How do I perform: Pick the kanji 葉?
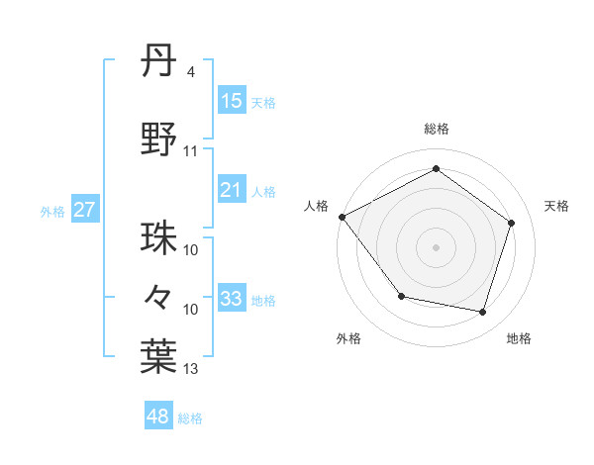pyautogui.click(x=159, y=357)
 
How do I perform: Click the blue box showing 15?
pyautogui.click(x=231, y=101)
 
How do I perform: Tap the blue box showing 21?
pyautogui.click(x=231, y=190)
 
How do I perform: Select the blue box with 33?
pyautogui.click(x=231, y=299)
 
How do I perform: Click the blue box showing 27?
pyautogui.click(x=85, y=210)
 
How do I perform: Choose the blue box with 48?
pyautogui.click(x=158, y=417)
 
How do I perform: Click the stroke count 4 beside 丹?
pyautogui.click(x=190, y=72)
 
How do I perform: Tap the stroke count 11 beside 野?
pyautogui.click(x=191, y=151)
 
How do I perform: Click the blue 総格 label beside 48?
pyautogui.click(x=190, y=418)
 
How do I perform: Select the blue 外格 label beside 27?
pyautogui.click(x=52, y=211)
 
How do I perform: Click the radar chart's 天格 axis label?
pyautogui.click(x=556, y=206)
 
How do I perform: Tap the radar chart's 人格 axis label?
pyautogui.click(x=317, y=206)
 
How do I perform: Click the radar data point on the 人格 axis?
pyautogui.click(x=342, y=217)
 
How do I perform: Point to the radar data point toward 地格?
pyautogui.click(x=482, y=312)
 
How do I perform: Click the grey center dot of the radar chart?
pyautogui.click(x=436, y=246)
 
